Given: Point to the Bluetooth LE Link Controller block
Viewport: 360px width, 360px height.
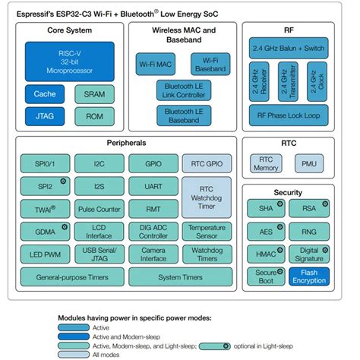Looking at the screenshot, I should coord(184,90).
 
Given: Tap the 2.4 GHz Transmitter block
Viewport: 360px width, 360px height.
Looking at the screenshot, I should coord(289,81).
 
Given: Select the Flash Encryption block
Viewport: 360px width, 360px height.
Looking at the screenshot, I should coord(310,276).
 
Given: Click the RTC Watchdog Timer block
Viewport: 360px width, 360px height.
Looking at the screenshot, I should coord(207,196).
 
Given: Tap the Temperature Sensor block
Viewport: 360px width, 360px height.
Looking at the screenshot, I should coord(207,231).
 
